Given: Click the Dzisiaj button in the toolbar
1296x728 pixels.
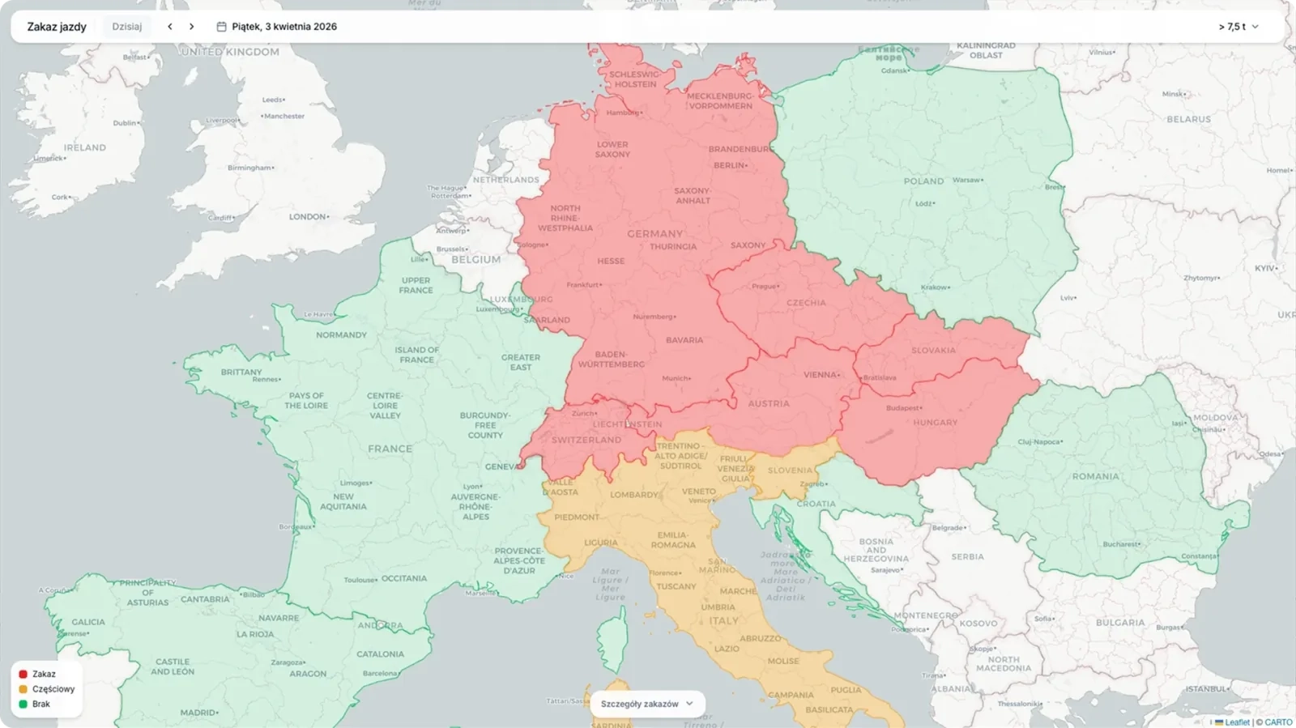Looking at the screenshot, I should (x=127, y=27).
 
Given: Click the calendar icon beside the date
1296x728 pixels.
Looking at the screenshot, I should (x=221, y=27).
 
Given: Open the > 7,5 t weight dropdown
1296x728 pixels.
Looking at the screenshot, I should (x=1238, y=27).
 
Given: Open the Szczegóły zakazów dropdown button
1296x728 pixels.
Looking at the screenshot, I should (x=646, y=704).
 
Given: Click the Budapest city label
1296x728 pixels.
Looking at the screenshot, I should (x=903, y=408).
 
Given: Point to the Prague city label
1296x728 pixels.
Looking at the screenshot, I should (x=765, y=287).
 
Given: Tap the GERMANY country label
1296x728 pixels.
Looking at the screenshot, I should (x=654, y=234).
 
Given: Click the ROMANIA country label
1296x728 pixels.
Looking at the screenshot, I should (x=1095, y=476).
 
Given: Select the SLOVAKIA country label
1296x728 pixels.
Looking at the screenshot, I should (x=933, y=351).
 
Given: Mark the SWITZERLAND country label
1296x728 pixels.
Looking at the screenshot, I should (x=586, y=440).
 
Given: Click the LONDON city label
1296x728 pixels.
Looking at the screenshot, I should (x=309, y=217).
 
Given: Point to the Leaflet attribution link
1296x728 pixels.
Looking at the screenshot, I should (x=1236, y=722).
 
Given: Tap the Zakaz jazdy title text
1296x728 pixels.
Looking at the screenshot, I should (x=57, y=27).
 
